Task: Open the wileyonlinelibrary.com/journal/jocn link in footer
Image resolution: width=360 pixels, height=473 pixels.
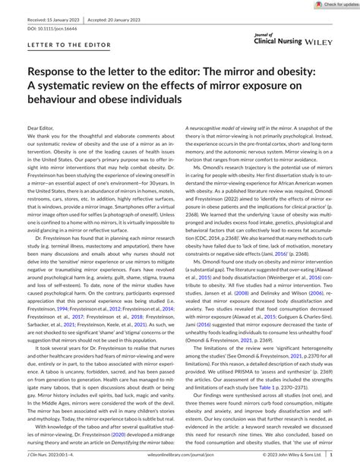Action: pos(180,465)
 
